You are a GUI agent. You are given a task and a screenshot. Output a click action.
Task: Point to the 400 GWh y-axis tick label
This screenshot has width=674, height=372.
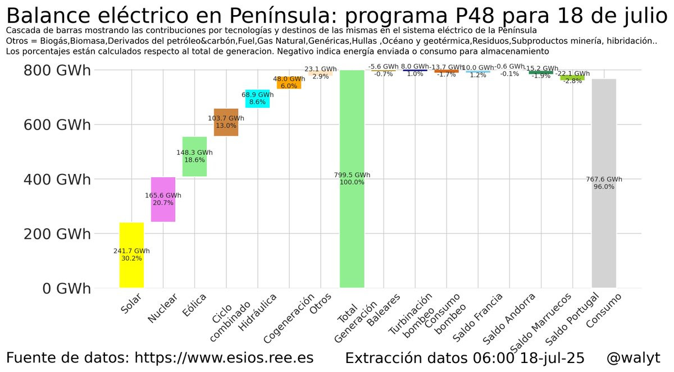coord(57,180)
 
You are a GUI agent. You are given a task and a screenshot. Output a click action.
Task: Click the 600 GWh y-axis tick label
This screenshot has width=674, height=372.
coord(57,125)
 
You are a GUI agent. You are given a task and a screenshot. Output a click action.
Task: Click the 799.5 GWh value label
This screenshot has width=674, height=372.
coord(352,175)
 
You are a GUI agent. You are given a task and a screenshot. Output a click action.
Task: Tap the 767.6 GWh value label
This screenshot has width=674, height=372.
coord(604,180)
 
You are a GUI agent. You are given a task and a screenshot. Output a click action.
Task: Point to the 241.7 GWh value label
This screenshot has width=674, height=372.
coord(131,251)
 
